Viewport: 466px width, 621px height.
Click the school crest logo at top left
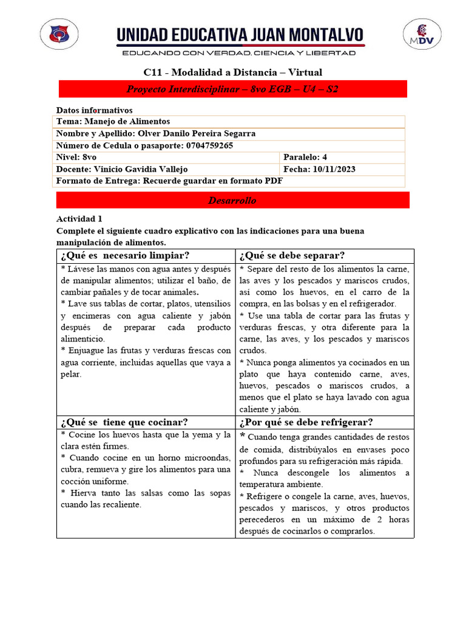[x=59, y=34]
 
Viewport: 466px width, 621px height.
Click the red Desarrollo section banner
[x=232, y=200]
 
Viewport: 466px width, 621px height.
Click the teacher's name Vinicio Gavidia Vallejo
[x=141, y=169]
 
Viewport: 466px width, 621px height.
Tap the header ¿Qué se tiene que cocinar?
[x=124, y=422]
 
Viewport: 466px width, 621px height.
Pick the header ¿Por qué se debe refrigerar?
[x=306, y=422]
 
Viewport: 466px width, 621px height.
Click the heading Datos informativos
[x=94, y=110]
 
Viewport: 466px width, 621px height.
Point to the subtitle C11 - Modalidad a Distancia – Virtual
[x=232, y=72]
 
